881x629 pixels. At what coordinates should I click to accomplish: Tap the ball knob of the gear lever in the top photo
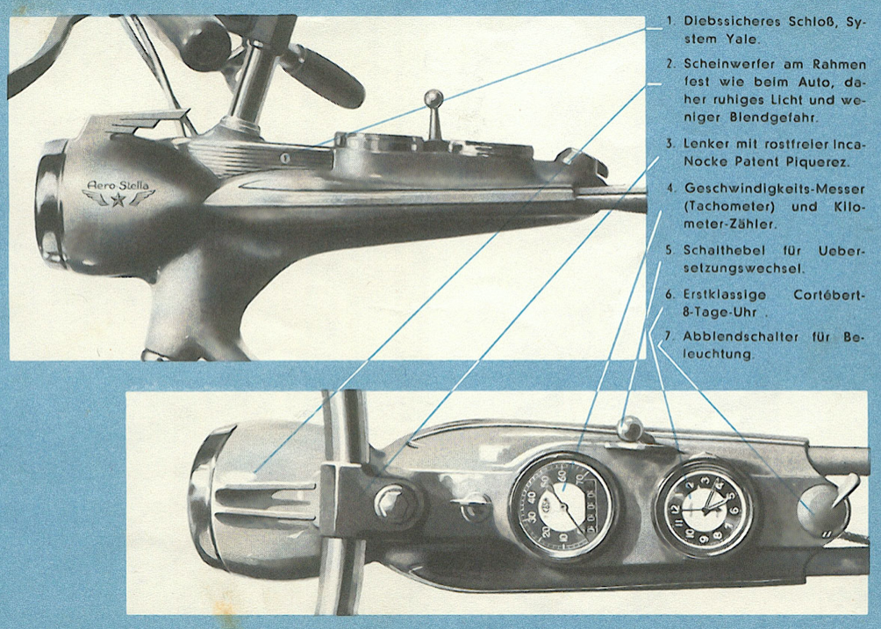point(433,97)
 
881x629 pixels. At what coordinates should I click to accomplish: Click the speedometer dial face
point(562,505)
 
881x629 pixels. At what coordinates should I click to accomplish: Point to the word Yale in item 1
point(739,39)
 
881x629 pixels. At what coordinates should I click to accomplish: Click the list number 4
point(670,188)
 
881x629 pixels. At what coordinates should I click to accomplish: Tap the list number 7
point(669,336)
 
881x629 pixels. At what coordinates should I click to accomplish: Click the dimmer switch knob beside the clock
point(821,508)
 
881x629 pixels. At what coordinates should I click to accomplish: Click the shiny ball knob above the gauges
point(630,428)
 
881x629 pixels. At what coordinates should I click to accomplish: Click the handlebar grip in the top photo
point(321,75)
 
